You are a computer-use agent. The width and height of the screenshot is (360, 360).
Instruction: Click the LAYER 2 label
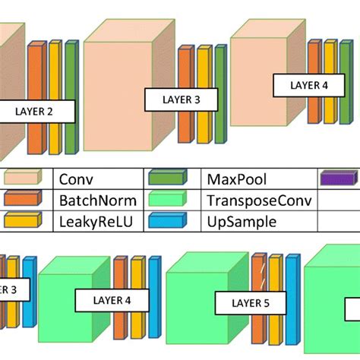point(34,112)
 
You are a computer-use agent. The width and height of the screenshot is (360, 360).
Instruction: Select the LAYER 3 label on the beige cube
point(181,99)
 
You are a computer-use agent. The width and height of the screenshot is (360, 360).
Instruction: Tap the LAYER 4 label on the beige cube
point(308,85)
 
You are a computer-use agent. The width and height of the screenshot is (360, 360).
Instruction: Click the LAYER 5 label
point(241,305)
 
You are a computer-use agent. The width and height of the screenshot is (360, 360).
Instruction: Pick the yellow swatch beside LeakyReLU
point(24,221)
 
